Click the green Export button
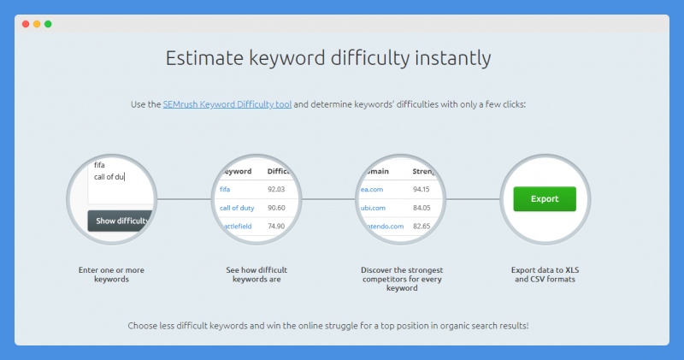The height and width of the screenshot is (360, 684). click(545, 199)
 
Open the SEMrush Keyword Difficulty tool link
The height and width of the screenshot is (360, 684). click(227, 104)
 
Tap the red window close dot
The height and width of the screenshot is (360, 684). click(26, 24)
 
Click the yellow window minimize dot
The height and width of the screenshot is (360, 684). click(37, 24)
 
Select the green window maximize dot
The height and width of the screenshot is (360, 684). click(48, 24)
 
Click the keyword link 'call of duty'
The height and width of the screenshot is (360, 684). click(237, 208)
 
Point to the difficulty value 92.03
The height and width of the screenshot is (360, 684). click(276, 189)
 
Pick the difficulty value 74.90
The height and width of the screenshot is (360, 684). click(276, 226)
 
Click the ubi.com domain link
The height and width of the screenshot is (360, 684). click(373, 208)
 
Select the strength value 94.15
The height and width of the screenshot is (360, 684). click(422, 189)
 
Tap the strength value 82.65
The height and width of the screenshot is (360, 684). click(422, 226)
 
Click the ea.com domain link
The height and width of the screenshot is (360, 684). click(372, 189)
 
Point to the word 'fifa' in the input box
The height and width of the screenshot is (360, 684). click(99, 165)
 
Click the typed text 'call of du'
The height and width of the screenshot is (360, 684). click(109, 177)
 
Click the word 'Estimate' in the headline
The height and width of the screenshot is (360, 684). click(204, 58)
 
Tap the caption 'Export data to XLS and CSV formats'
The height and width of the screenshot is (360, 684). click(545, 274)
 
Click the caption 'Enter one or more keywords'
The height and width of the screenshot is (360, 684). click(111, 274)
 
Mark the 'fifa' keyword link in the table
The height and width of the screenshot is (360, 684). click(225, 189)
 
